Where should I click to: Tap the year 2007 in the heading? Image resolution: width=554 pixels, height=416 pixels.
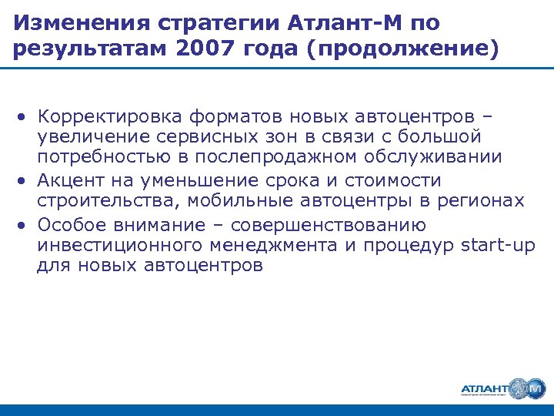[201, 50]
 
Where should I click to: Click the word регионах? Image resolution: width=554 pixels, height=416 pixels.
[482, 200]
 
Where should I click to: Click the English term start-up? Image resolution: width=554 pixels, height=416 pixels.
[497, 245]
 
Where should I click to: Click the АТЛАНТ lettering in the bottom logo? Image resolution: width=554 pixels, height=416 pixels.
[484, 387]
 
